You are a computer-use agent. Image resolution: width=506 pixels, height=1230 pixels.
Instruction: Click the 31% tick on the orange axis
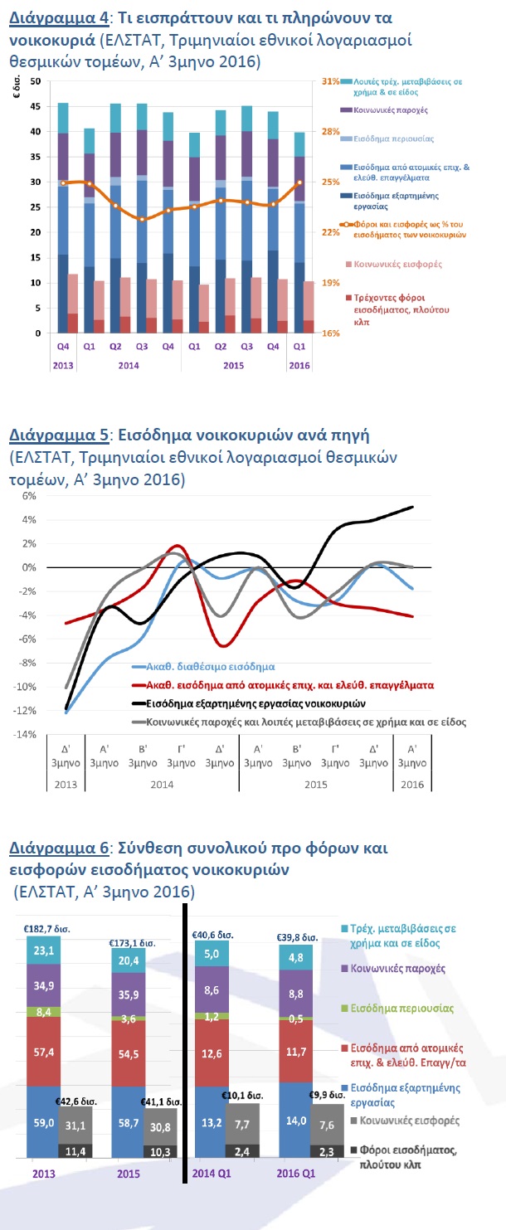pos(330,81)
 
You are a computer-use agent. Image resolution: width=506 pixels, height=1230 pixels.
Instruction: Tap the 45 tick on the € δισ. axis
pos(36,106)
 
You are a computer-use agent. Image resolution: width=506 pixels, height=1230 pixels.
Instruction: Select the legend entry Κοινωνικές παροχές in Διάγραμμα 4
pos(391,109)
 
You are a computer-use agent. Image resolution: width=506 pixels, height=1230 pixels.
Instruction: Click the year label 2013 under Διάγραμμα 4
pos(63,365)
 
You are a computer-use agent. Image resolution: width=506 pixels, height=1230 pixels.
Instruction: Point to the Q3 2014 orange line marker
pos(142,219)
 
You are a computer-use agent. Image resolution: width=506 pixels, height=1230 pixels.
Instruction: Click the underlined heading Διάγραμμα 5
pos(59,435)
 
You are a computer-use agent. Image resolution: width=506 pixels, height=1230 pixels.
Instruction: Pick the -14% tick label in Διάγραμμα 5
pos(25,734)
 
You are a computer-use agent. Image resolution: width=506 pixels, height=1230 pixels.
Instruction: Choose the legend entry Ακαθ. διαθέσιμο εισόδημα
pos(211,667)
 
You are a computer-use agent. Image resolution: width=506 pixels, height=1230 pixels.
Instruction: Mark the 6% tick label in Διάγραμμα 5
pos(29,496)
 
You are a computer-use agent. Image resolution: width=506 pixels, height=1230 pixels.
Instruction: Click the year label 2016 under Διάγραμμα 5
pos(412,785)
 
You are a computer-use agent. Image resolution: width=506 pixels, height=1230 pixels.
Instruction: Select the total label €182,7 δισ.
pos(46,929)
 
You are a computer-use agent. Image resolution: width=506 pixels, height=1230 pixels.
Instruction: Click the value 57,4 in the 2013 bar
pos(43,1052)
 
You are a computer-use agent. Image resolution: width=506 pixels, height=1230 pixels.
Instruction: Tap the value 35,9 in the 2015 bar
pos(129,994)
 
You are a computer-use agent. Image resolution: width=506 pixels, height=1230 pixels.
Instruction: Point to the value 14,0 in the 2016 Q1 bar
pos(296,1116)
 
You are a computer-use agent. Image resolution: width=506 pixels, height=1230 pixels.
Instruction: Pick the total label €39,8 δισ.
pos(298,936)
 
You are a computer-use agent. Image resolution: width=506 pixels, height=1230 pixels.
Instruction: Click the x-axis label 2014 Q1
pos(212,1174)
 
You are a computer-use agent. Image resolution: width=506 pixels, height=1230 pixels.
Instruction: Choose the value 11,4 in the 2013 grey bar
pos(75,1151)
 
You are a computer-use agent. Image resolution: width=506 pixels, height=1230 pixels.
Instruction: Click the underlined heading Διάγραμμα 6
pos(59,848)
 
